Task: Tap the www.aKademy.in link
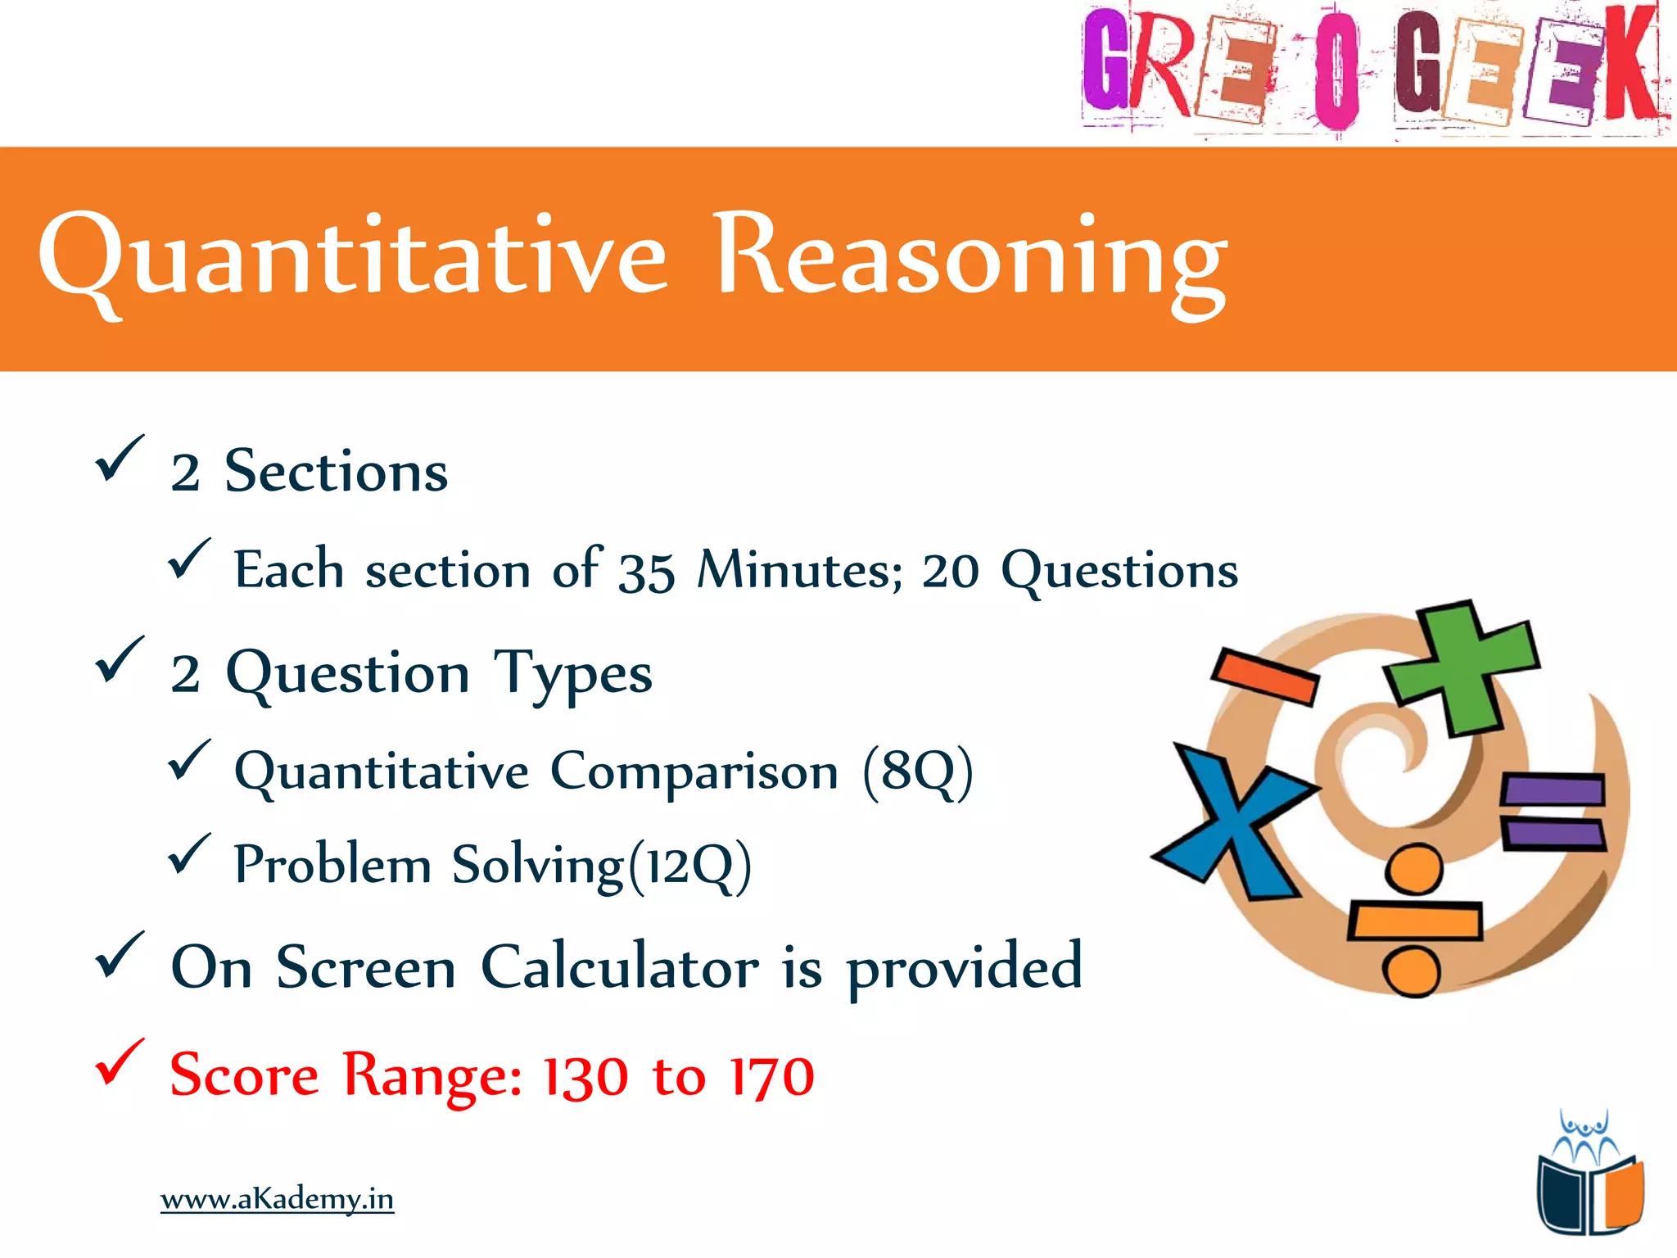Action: click(x=277, y=1199)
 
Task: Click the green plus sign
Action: click(x=1462, y=667)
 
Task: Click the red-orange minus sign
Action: click(x=1264, y=676)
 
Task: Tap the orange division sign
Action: click(x=1414, y=921)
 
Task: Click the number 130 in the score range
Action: click(x=585, y=1076)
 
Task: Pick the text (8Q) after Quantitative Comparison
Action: click(x=918, y=772)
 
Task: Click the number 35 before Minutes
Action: click(x=646, y=571)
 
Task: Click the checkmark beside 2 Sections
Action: click(x=120, y=458)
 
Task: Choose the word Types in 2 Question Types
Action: click(x=572, y=674)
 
